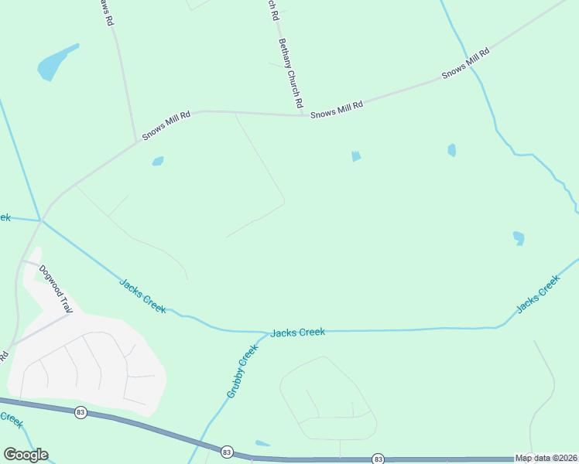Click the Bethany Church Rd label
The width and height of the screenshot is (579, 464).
click(290, 73)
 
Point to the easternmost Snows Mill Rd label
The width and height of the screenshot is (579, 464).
click(466, 63)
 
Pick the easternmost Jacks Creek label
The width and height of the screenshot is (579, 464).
click(537, 295)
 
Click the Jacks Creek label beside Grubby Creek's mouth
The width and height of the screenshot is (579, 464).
click(297, 333)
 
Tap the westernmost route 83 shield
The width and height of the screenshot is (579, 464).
click(81, 413)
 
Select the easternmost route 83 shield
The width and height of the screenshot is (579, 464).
click(378, 459)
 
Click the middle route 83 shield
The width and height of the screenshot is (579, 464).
click(227, 451)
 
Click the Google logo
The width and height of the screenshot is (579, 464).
click(26, 455)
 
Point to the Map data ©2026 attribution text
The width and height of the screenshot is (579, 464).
click(546, 458)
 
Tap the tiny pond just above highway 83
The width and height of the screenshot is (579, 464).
click(263, 443)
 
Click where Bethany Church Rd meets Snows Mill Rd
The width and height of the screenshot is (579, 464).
click(303, 116)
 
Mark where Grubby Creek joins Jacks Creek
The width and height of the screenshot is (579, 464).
click(262, 334)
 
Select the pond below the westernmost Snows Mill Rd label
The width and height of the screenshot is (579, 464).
click(158, 162)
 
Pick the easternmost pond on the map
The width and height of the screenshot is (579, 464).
click(519, 237)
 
